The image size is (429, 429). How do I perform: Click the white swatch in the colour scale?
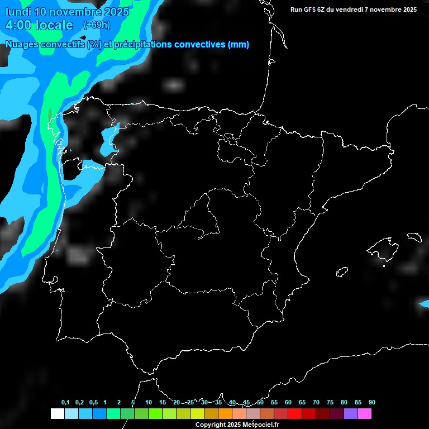pos(57,413)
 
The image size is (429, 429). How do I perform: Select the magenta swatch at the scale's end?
pos(365,413)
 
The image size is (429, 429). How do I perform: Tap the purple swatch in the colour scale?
pos(351,413)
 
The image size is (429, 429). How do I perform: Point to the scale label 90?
pos(372,403)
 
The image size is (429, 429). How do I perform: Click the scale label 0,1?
pos(65,403)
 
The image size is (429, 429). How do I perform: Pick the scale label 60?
pos(288,403)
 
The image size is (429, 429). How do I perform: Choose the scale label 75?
pos(330,403)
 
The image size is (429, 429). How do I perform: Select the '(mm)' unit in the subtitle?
pos(239,45)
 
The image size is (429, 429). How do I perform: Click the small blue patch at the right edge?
pos(425,303)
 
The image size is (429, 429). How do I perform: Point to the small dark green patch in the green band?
pos(50,113)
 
